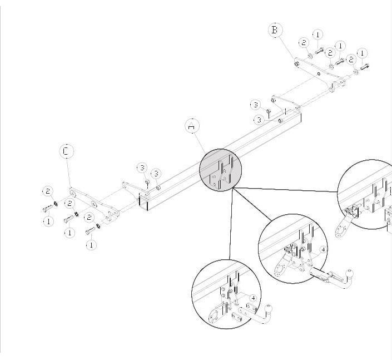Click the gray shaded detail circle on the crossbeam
coord(221,170)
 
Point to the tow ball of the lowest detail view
coord(268,308)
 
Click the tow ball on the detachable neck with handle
coord(350,273)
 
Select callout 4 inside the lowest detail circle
coord(253,298)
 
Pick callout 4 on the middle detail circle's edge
coord(323,250)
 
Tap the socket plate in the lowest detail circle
coord(215,315)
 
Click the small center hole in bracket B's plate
coord(319,74)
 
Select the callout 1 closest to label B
coord(317,34)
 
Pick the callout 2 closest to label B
coord(304,42)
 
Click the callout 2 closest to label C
coord(48,191)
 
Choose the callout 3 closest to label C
coord(142,167)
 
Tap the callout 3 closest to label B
coord(256,105)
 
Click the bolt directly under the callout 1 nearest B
coord(319,51)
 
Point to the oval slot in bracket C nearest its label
coord(73,194)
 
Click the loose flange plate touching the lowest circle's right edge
coord(251,308)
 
